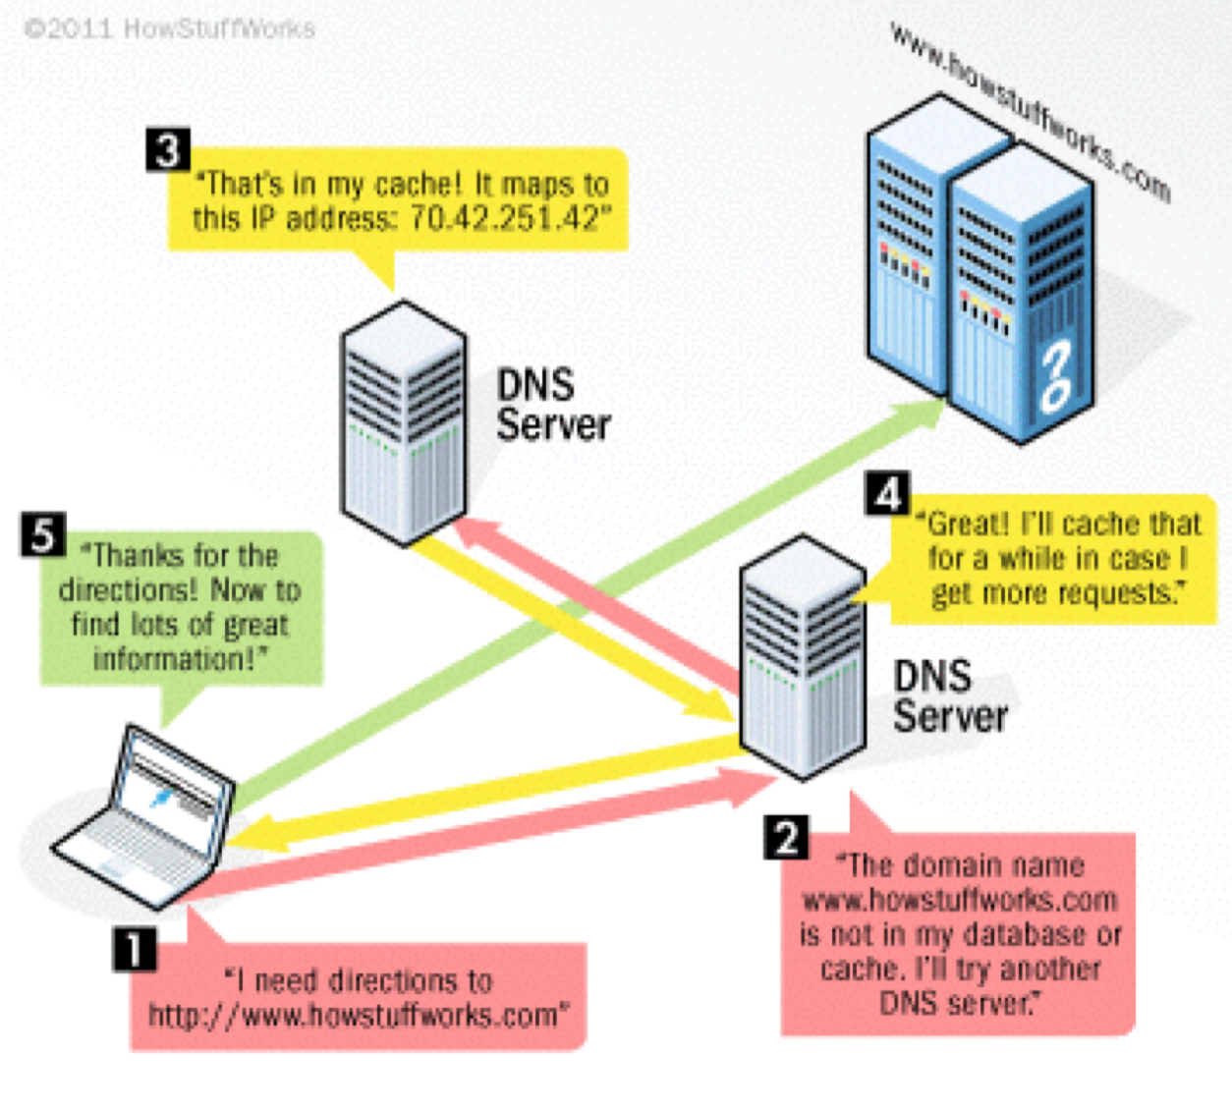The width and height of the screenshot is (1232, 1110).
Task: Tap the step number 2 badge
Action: (786, 837)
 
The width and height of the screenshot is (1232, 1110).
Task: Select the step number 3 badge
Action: (167, 150)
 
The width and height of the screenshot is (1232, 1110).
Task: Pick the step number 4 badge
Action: (887, 494)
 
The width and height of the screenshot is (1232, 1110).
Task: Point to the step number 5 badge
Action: (43, 534)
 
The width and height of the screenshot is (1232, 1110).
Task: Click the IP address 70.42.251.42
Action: (503, 218)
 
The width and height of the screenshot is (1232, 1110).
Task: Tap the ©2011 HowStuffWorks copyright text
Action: (169, 28)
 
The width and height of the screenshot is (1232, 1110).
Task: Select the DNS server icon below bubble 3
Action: (403, 422)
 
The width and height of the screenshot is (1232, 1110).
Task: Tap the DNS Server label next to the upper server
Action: (552, 405)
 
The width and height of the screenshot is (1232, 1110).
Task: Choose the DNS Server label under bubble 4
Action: (948, 695)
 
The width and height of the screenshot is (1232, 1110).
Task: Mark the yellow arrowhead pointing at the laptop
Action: (246, 837)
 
